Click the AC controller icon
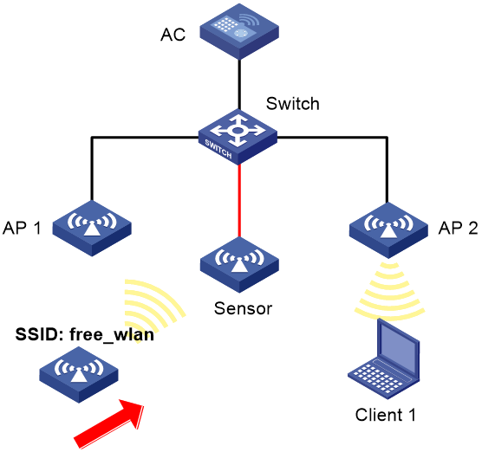(x=239, y=31)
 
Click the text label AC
(x=173, y=35)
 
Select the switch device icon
(x=238, y=137)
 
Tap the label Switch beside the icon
(x=293, y=104)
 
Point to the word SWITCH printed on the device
(x=218, y=149)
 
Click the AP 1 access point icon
(x=92, y=228)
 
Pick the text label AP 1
(x=22, y=228)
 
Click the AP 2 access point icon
(x=388, y=230)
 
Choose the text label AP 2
(x=458, y=228)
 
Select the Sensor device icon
(x=239, y=265)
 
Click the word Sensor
(x=243, y=308)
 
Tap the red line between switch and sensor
(x=239, y=201)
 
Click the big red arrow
(x=109, y=423)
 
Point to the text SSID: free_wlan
(x=85, y=334)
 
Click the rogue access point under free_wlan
(x=79, y=375)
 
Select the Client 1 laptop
(x=384, y=358)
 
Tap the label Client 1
(x=386, y=415)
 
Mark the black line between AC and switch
(x=239, y=85)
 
